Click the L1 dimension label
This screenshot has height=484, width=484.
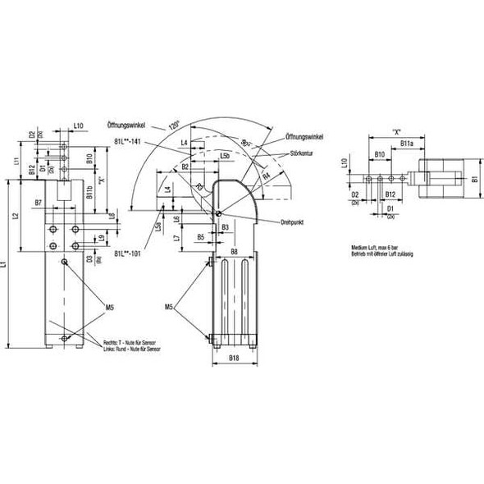(x=7, y=265)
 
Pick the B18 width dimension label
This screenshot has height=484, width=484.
(x=234, y=358)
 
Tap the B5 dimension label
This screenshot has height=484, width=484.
(x=201, y=236)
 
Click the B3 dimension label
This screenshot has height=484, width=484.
(x=224, y=226)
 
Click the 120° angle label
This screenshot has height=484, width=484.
(x=173, y=128)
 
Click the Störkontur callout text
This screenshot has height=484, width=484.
(x=303, y=153)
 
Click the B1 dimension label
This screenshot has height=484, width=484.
(x=474, y=178)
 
